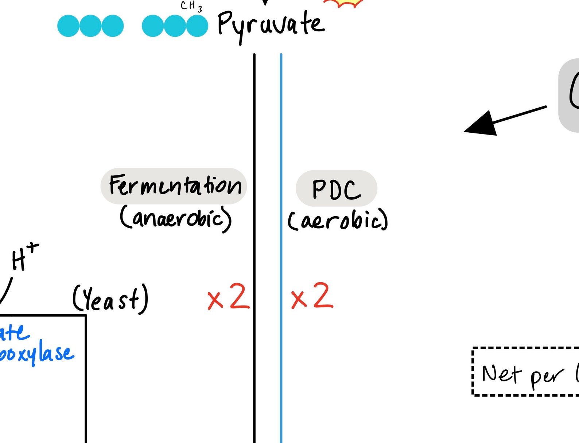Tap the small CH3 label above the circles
pos(191,6)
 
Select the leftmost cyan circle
pos(68,26)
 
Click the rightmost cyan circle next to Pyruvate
pos(197,26)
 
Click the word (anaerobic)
pos(175,218)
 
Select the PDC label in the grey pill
pos(336,189)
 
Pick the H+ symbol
pos(24,257)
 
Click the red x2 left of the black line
pos(228,297)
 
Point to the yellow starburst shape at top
pos(344,3)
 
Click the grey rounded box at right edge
pos(569,95)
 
